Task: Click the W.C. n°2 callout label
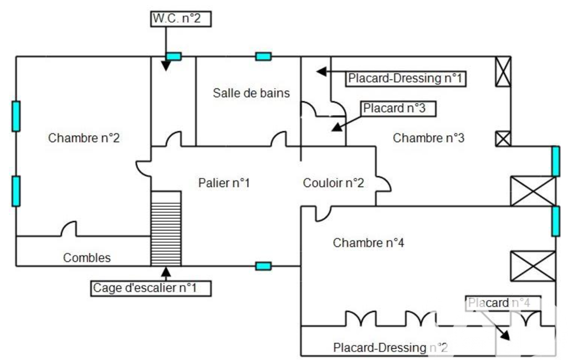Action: pyautogui.click(x=181, y=19)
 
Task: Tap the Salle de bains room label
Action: pyautogui.click(x=252, y=93)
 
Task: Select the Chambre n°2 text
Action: pyautogui.click(x=84, y=138)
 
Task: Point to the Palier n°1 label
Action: pyautogui.click(x=224, y=183)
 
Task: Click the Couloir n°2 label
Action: pyautogui.click(x=333, y=183)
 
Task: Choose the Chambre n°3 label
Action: pyautogui.click(x=428, y=138)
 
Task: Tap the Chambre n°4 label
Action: pyautogui.click(x=369, y=243)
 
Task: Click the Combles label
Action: pyautogui.click(x=87, y=258)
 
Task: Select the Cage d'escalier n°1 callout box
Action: pyautogui.click(x=151, y=289)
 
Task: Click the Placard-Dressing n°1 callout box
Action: pyautogui.click(x=405, y=79)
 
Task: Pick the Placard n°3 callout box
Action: pyautogui.click(x=398, y=109)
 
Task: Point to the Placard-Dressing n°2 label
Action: pyautogui.click(x=391, y=348)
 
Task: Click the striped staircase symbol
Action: pyautogui.click(x=166, y=229)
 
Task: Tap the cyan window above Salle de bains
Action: pyautogui.click(x=263, y=56)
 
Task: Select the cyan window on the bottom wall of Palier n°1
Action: pyautogui.click(x=263, y=266)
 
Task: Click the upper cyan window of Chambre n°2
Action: pyautogui.click(x=16, y=116)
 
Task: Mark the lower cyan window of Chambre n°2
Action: pyautogui.click(x=16, y=191)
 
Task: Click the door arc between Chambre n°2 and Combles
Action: pyautogui.click(x=69, y=228)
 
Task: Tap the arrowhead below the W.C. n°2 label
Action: pyautogui.click(x=166, y=66)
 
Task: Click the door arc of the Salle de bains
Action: pyautogui.click(x=278, y=138)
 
